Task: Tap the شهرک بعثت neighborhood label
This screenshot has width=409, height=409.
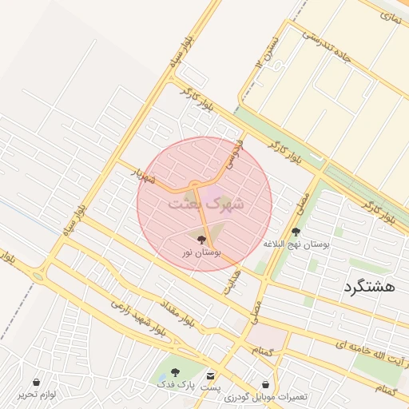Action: coord(205,204)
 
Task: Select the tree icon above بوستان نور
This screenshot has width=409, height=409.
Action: coord(201,239)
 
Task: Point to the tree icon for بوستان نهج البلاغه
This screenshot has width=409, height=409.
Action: coord(296,232)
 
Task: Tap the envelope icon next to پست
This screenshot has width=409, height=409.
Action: coord(210,375)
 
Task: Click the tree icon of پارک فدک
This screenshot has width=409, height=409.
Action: coord(176,372)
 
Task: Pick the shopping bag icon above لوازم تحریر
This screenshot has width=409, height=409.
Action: coord(38,382)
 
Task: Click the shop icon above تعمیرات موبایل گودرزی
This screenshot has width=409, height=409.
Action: coord(265,384)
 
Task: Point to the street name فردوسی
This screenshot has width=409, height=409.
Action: coord(232,153)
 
